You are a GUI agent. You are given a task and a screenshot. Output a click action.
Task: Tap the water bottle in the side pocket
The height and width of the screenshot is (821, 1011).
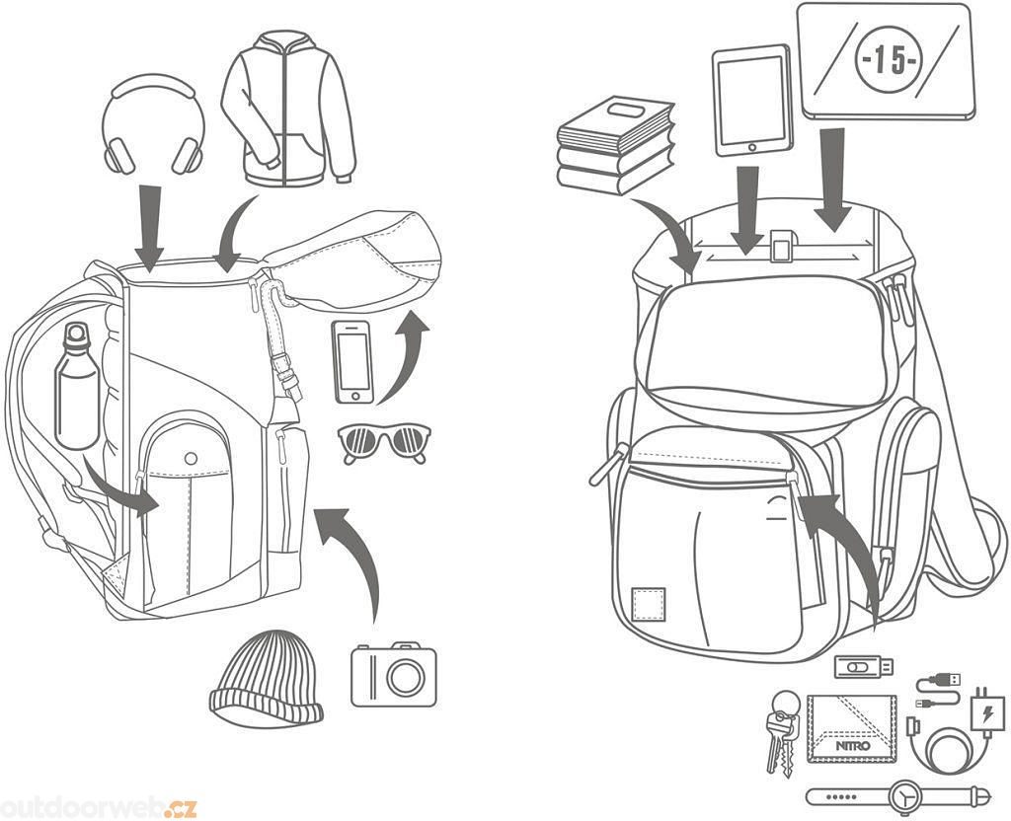pyautogui.click(x=77, y=390)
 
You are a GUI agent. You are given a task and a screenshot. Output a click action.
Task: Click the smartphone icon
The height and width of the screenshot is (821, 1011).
pyautogui.click(x=352, y=361)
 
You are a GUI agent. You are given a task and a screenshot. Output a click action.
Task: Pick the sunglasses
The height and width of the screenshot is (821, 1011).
pyautogui.click(x=384, y=441)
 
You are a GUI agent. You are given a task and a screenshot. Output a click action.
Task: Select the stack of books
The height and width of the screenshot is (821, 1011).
pyautogui.click(x=614, y=146)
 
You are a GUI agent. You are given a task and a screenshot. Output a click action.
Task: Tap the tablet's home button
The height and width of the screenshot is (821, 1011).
pyautogui.click(x=751, y=147)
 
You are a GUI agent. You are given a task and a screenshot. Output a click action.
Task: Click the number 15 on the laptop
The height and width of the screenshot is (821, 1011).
pyautogui.click(x=886, y=59)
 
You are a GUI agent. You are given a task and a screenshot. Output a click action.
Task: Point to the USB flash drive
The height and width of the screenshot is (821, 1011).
pyautogui.click(x=863, y=667)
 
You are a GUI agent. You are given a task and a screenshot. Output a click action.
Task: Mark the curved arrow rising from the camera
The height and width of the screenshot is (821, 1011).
pyautogui.click(x=355, y=553)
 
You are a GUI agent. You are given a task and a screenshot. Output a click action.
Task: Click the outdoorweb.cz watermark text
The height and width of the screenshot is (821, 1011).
pyautogui.click(x=99, y=807)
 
